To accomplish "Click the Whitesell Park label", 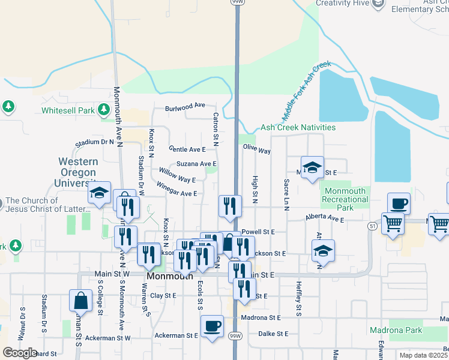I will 68,110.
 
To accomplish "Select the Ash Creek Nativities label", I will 298,128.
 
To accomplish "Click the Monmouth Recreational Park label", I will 345,199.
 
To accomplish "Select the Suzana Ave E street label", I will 196,164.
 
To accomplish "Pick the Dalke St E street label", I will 273,334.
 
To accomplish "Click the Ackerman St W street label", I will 107,338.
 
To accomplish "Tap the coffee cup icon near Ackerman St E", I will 211,326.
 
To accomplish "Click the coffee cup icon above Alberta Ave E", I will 399,204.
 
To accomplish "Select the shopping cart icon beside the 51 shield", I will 393,223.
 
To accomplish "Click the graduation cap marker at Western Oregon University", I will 99,193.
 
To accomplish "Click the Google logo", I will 20,353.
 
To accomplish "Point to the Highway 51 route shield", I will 372,226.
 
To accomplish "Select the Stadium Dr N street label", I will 94,142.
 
